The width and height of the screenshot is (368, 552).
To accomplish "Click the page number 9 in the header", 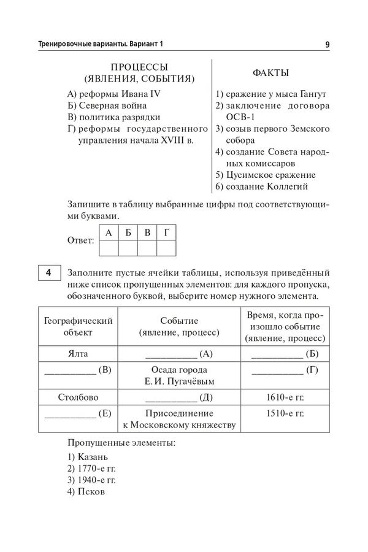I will (x=328, y=44).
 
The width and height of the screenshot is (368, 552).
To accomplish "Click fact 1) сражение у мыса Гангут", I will (x=270, y=94).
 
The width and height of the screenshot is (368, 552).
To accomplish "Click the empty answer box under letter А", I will (x=109, y=248).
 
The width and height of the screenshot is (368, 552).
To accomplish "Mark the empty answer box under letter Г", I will (x=167, y=248).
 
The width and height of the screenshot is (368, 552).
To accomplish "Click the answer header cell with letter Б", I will (x=128, y=233).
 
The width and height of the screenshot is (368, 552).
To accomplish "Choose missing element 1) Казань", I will (x=88, y=457).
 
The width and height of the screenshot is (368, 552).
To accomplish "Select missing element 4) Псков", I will (x=87, y=492).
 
